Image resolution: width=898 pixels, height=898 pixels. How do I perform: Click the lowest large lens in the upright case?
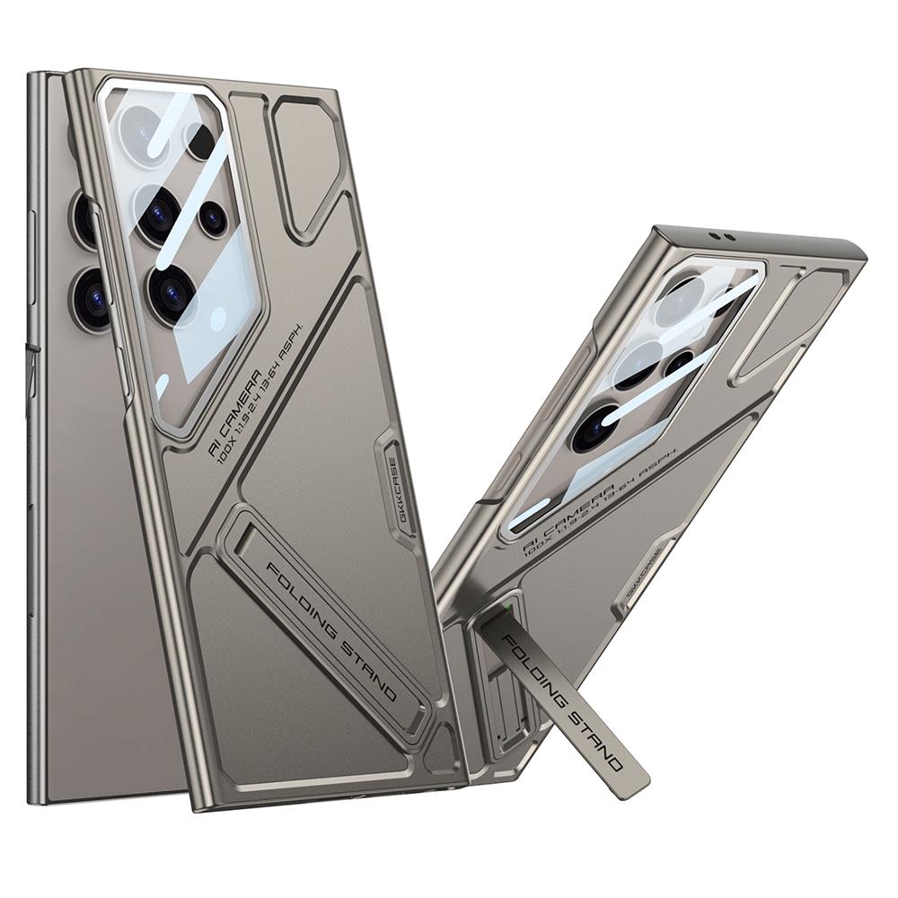tap(171, 295)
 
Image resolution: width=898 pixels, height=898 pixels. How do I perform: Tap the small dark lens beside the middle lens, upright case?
tap(213, 218)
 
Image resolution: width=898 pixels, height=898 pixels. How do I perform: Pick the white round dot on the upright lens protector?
tap(217, 317)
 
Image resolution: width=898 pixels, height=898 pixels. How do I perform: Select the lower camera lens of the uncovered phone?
tap(92, 298)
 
